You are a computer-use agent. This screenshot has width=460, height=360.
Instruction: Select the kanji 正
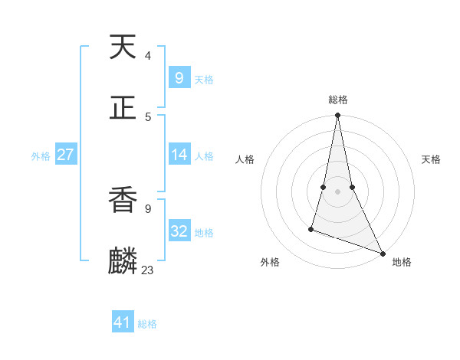[123, 108]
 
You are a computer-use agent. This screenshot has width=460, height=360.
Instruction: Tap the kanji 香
[123, 200]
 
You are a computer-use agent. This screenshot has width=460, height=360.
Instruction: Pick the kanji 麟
[123, 261]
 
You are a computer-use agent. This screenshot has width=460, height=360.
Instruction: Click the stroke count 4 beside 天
[148, 56]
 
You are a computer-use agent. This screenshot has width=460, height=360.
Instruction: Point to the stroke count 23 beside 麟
[148, 270]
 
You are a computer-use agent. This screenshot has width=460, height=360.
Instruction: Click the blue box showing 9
[179, 78]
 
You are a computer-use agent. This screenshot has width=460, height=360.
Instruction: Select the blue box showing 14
[179, 155]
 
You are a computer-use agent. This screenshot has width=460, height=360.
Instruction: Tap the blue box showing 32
[179, 231]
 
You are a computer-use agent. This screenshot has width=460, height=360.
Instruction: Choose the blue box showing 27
[65, 155]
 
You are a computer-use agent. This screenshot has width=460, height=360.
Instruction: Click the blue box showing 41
[123, 322]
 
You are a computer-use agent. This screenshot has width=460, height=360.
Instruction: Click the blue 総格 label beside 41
[147, 324]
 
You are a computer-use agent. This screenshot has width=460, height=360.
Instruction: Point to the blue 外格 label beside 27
[41, 156]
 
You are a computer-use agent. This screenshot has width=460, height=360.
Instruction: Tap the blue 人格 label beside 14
[204, 156]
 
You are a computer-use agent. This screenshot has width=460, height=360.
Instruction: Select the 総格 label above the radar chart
[338, 100]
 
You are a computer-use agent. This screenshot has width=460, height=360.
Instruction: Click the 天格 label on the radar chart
[432, 159]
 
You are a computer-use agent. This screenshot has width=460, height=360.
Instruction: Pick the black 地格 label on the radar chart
[402, 263]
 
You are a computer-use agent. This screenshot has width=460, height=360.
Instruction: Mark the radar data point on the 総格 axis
[337, 116]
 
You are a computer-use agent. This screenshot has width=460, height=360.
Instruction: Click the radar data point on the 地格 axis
[383, 253]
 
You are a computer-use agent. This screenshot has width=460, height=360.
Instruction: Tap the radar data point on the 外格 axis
[311, 228]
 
